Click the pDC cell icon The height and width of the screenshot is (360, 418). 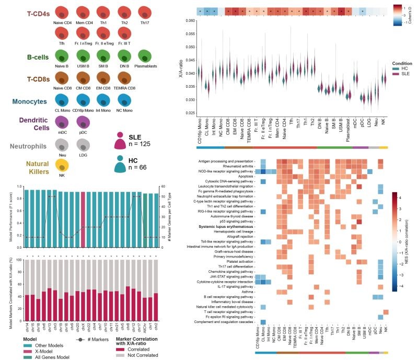click(84, 122)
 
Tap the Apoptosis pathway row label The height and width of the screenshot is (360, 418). click(243, 177)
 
